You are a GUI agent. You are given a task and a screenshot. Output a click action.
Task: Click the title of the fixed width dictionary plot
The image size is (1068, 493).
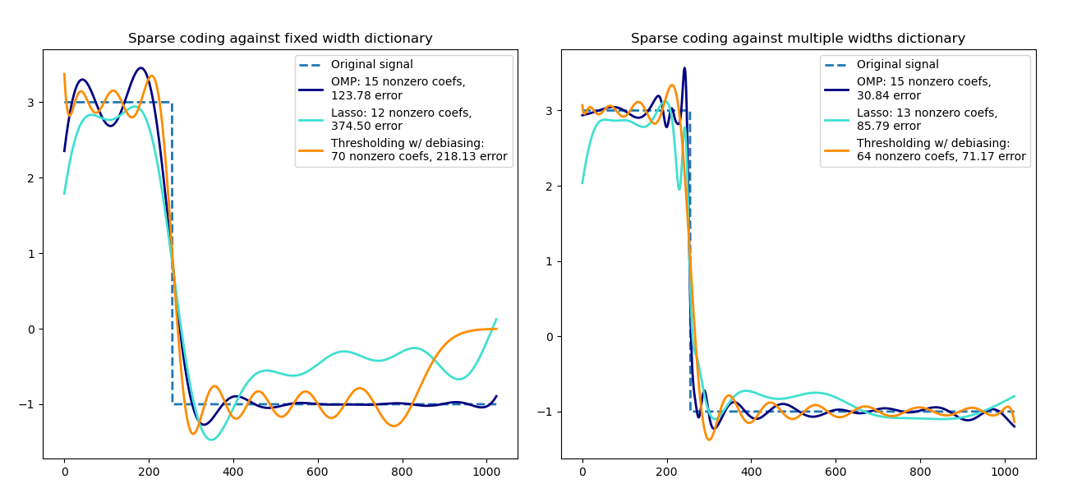coord(280,39)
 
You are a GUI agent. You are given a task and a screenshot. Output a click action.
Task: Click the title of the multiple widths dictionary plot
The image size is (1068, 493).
coord(798,39)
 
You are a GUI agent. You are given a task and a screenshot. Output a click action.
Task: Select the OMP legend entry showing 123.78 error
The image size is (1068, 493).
coord(398,89)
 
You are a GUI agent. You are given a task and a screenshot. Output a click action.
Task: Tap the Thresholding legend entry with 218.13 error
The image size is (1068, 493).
coord(419,150)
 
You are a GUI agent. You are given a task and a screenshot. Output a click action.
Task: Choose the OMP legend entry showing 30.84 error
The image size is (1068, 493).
coord(923,89)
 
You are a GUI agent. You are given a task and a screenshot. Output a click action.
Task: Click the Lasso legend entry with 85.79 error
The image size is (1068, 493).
coord(927,119)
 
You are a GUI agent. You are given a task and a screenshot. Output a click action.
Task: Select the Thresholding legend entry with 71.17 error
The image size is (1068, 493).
coord(941,150)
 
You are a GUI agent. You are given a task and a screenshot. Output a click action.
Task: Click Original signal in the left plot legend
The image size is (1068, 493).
coord(371,65)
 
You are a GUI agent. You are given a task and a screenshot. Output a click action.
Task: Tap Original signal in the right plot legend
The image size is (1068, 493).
coord(897,65)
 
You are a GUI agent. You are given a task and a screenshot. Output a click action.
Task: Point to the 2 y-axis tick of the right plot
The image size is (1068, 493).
coord(547,186)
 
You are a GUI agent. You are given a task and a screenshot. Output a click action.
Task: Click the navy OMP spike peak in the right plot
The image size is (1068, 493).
coord(684,68)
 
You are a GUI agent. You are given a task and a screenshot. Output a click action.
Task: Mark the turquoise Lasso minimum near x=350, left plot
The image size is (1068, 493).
coord(211,440)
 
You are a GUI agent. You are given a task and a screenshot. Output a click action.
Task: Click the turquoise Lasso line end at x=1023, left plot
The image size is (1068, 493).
coord(496,319)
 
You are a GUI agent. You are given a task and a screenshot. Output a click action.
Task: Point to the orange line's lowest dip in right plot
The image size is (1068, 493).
coord(709,440)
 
